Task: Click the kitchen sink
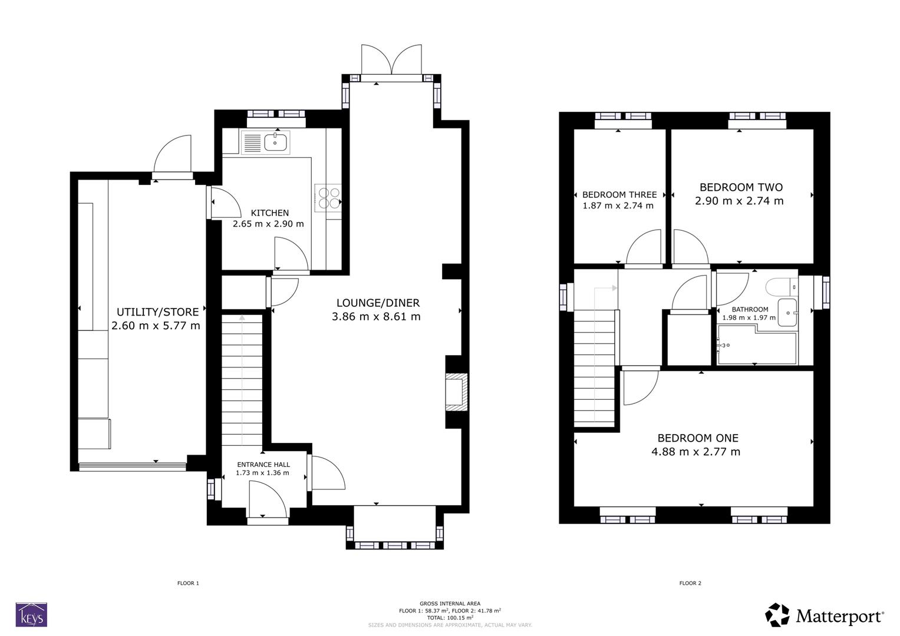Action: point(276,142)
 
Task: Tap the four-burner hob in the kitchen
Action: point(328,197)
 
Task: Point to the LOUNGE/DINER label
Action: point(378,303)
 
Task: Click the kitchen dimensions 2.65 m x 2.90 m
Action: point(268,224)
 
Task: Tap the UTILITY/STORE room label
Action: point(157,312)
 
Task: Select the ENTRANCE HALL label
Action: point(263,464)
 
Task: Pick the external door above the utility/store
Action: point(172,154)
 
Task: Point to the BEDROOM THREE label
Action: point(619,194)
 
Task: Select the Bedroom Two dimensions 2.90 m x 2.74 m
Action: point(740,201)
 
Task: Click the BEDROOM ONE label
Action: point(698,438)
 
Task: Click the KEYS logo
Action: point(31,615)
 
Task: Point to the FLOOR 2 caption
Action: point(690,583)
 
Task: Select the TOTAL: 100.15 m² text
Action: point(450,618)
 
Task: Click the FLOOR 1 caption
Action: point(188,583)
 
